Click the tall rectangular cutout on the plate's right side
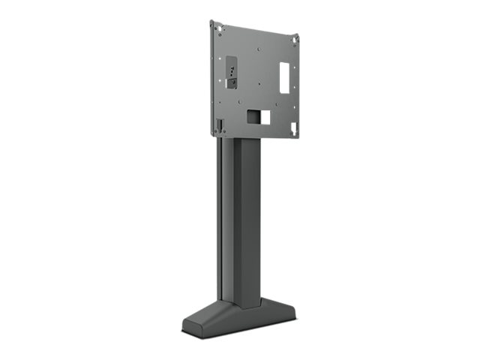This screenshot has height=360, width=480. coord(285,76)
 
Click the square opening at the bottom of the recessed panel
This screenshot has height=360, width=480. coord(220,123)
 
